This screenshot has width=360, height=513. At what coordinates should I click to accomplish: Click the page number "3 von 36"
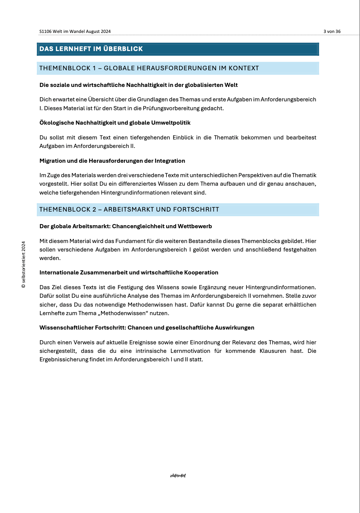332,31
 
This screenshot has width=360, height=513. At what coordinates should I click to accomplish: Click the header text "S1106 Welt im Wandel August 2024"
75,31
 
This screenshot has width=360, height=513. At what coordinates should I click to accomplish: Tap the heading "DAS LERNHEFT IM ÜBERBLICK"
91,49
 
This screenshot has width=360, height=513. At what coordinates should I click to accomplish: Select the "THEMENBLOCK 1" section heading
149,68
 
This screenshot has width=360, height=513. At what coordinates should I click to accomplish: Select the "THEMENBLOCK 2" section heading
129,209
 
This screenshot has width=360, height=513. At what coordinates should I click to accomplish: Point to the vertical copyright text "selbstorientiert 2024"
24,265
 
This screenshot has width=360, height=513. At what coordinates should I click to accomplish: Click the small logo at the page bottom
178,476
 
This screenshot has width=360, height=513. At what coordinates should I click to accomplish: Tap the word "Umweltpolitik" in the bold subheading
172,123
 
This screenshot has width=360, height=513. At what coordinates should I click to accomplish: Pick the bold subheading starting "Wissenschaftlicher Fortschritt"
147,328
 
